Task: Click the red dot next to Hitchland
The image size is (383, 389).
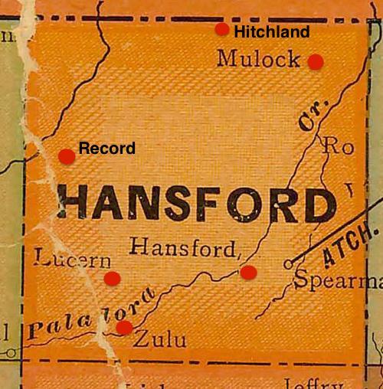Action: pyautogui.click(x=221, y=30)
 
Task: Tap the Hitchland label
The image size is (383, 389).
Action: pyautogui.click(x=271, y=32)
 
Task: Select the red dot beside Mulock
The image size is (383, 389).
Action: pyautogui.click(x=316, y=62)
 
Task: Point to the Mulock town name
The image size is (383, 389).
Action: pyautogui.click(x=258, y=58)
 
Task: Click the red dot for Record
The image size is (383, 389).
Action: pyautogui.click(x=67, y=156)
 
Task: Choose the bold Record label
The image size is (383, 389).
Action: pyautogui.click(x=107, y=148)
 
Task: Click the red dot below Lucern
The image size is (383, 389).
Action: pyautogui.click(x=112, y=278)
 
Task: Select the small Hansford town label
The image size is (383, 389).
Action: pyautogui.click(x=185, y=247)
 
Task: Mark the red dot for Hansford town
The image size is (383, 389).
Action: pyautogui.click(x=247, y=272)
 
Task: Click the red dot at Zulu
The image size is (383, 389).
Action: pyautogui.click(x=123, y=328)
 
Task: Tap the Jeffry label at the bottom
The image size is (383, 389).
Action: pyautogui.click(x=311, y=383)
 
